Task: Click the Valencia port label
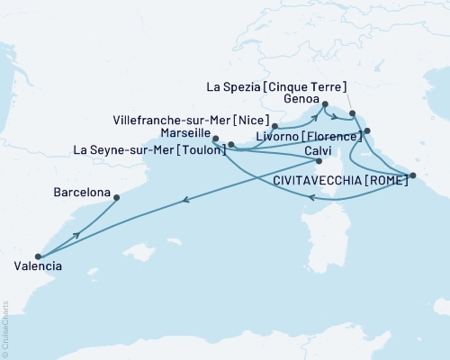pos(39,266)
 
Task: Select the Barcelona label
pos(82,193)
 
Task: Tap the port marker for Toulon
pos(230,144)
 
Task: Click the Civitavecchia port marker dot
pos(412,176)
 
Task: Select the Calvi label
pos(319,149)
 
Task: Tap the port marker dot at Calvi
pos(319,162)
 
